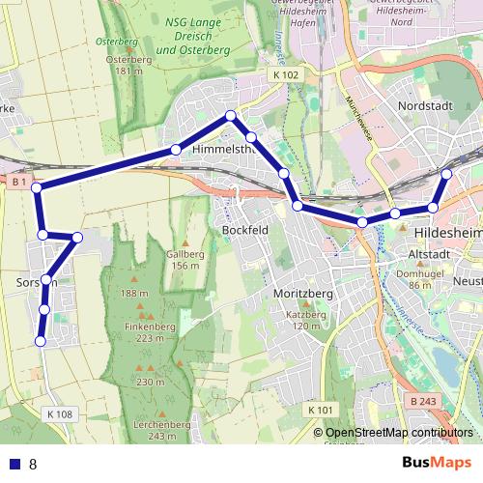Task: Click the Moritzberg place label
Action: pos(303,293)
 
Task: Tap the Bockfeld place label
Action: pos(244,231)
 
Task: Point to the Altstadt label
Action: pos(431,254)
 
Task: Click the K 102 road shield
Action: pos(286,74)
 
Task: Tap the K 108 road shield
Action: pos(58,414)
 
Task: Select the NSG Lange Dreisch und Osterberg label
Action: pos(190,36)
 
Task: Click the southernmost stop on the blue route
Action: pos(41,340)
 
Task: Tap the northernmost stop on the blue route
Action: pos(230,116)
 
